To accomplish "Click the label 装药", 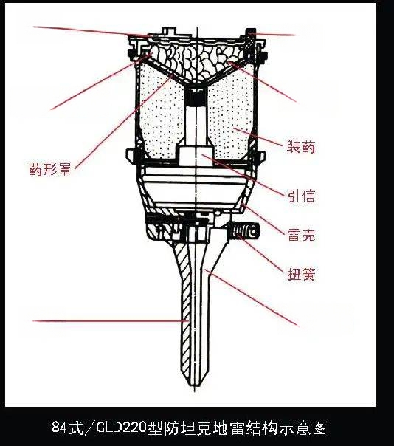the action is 301,147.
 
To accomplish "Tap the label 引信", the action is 301,196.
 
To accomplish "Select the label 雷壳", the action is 301,235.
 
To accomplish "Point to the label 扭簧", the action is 301,274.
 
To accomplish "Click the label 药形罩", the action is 50,169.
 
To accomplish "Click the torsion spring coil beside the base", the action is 243,231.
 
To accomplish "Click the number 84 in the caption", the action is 60,427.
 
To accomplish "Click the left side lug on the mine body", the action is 131,156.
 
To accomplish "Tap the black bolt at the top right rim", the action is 250,46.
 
